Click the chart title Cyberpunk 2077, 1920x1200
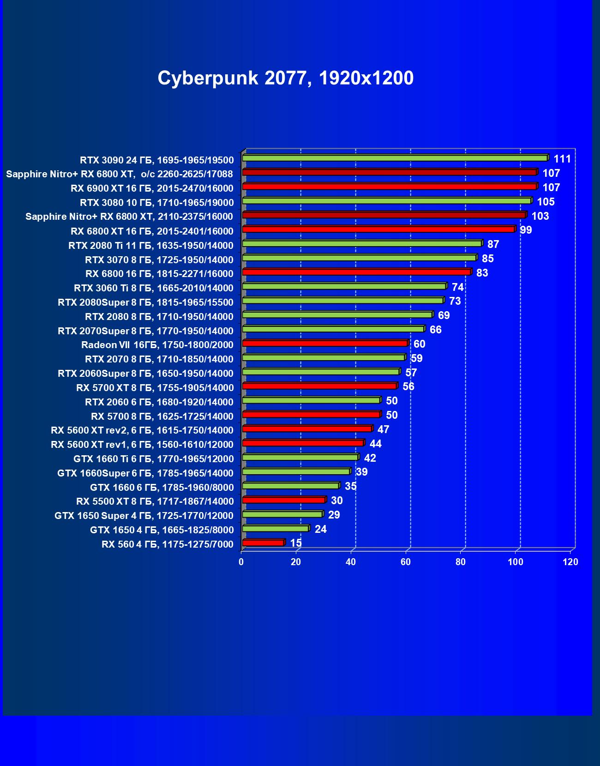pyautogui.click(x=285, y=78)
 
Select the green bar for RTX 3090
pyautogui.click(x=395, y=158)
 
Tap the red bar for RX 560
pyautogui.click(x=263, y=543)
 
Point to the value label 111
pyautogui.click(x=562, y=159)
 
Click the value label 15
pyautogui.click(x=296, y=543)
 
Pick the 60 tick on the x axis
pyautogui.click(x=406, y=562)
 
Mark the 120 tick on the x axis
pyautogui.click(x=570, y=562)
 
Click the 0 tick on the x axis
pyautogui.click(x=241, y=562)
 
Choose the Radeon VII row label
pyautogui.click(x=157, y=345)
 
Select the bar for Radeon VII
pyautogui.click(x=325, y=343)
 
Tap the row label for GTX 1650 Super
pyautogui.click(x=144, y=516)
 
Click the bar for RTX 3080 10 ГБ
pyautogui.click(x=387, y=201)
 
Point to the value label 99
pyautogui.click(x=526, y=230)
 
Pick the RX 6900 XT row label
pyautogui.click(x=152, y=188)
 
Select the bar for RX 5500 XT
pyautogui.click(x=284, y=500)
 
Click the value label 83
pyautogui.click(x=482, y=273)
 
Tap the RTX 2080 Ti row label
pyautogui.click(x=150, y=246)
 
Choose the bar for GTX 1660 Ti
pyautogui.click(x=300, y=457)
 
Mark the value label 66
pyautogui.click(x=435, y=330)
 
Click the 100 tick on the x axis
pyautogui.click(x=516, y=562)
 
